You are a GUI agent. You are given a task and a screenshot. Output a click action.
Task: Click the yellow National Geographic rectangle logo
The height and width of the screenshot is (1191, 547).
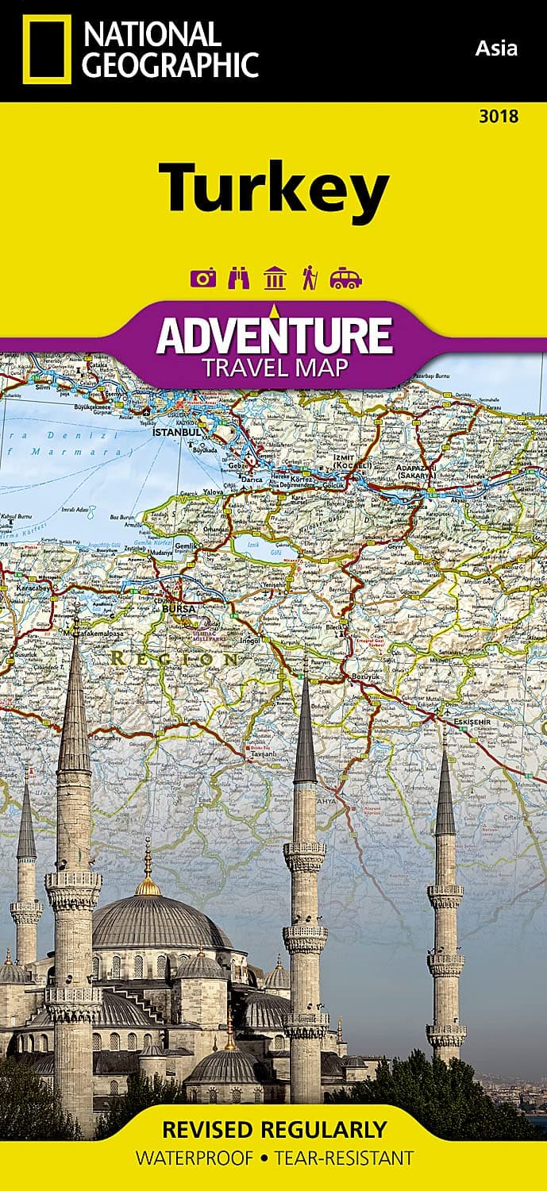pos(47,49)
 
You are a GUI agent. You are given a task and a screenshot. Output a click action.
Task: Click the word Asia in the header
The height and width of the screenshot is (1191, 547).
pos(496,48)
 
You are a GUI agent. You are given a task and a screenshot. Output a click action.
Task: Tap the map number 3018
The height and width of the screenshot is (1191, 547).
pos(499,118)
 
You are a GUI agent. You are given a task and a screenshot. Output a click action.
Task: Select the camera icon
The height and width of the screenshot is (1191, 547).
pos(203,278)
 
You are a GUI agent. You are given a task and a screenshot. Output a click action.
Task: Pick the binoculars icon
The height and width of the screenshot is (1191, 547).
pos(239,278)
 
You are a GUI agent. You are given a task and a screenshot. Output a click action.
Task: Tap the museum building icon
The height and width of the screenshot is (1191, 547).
pos(275,278)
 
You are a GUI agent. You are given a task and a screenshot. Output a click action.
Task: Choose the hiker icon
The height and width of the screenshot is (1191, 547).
pos(308,278)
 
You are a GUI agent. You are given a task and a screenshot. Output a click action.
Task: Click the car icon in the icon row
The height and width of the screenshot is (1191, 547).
pos(345,278)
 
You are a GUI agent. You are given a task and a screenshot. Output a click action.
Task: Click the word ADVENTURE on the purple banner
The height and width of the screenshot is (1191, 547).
pos(274,336)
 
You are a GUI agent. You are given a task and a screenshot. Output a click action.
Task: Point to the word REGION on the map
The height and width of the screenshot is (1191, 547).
pos(174,658)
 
